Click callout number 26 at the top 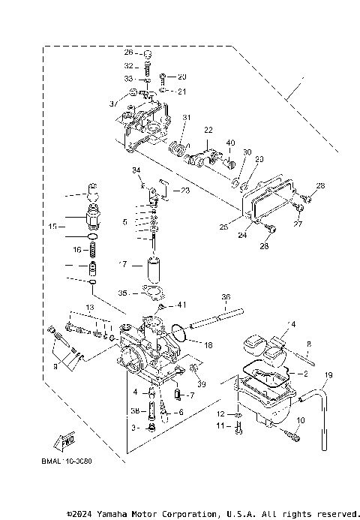tap(128, 53)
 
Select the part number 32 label tap(128, 66)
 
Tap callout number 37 tap(115, 104)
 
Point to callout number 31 tap(186, 117)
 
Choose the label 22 tap(208, 129)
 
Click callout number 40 tap(231, 143)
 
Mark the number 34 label tap(138, 170)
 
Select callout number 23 tap(185, 191)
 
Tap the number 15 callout tap(52, 225)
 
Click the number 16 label tap(76, 249)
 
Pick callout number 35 tap(123, 293)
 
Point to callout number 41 tap(181, 305)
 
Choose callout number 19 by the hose tap(328, 374)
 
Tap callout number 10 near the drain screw tap(301, 420)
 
